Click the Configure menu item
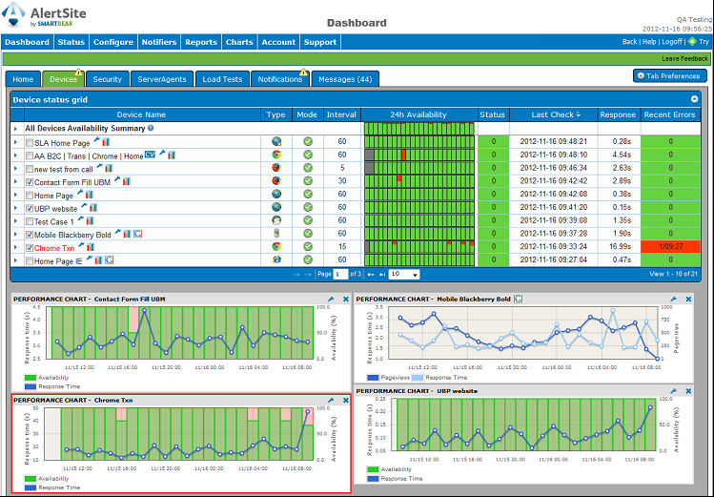(x=112, y=42)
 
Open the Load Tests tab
(x=221, y=79)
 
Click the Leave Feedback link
(x=684, y=59)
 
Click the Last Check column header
(x=552, y=114)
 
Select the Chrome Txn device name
(x=56, y=248)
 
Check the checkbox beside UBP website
(x=29, y=208)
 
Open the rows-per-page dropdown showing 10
(x=402, y=274)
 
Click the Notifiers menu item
(x=159, y=42)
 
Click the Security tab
(x=108, y=79)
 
